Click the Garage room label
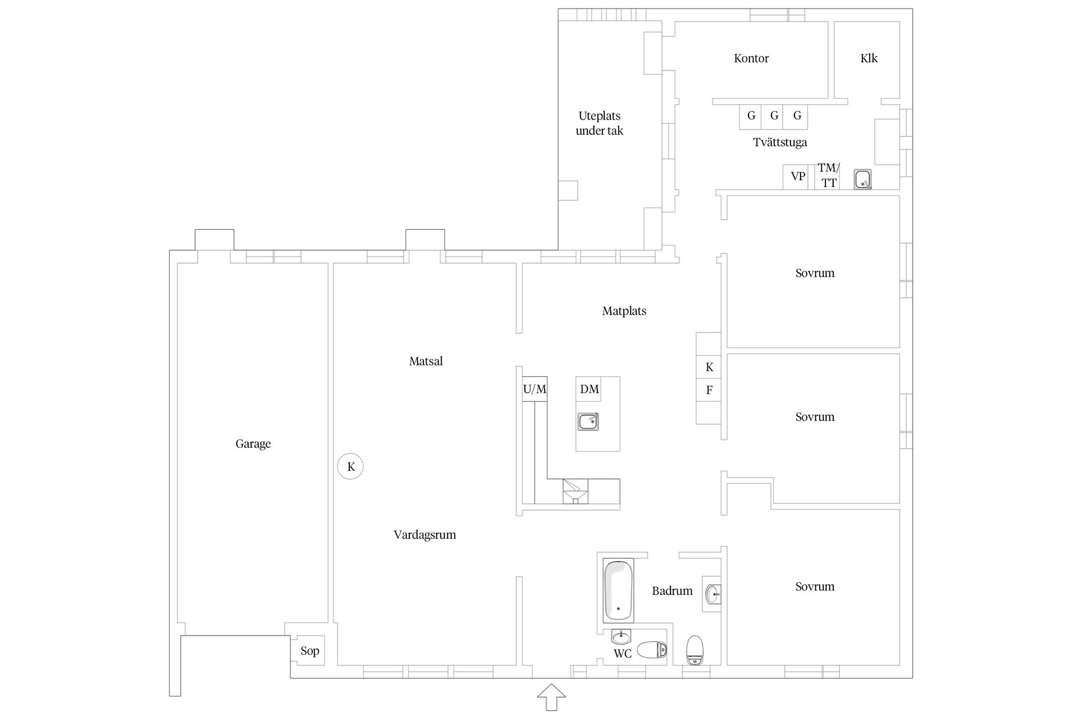point(253,444)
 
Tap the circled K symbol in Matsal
point(350,466)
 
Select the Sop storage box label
point(309,650)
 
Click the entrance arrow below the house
point(551,698)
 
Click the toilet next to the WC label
point(652,650)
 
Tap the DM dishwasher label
point(589,389)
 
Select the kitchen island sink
point(588,421)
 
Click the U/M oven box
point(535,389)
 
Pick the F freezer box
point(709,390)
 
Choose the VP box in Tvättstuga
point(798,176)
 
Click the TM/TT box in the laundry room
point(828,176)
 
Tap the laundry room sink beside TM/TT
point(862,179)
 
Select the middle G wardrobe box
point(774,116)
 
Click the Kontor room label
point(751,58)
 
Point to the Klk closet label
point(869,58)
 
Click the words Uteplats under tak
point(599,123)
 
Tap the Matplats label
point(624,311)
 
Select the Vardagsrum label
point(424,535)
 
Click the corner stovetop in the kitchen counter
point(575,492)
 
